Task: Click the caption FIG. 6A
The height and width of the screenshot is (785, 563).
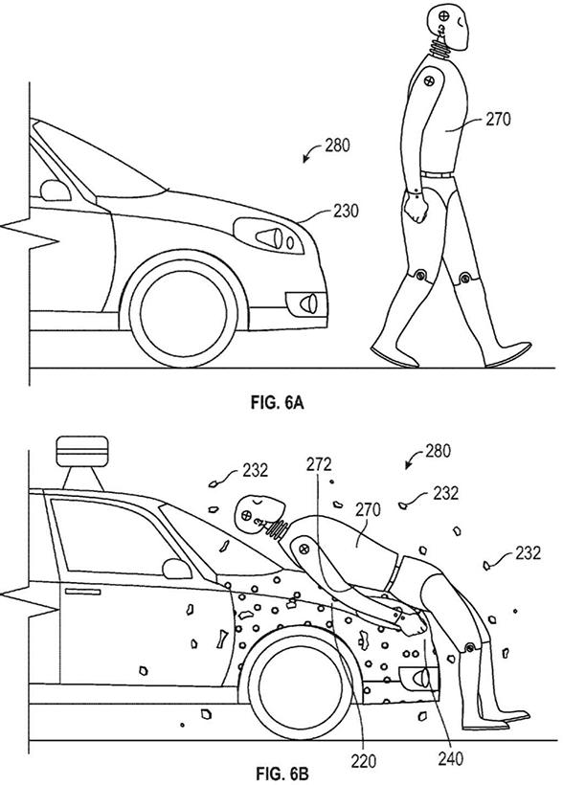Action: click(x=277, y=402)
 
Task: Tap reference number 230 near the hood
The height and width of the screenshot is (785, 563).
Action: click(x=346, y=212)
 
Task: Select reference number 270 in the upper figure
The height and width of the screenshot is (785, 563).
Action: click(x=498, y=119)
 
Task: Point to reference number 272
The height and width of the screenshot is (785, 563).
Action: click(x=319, y=464)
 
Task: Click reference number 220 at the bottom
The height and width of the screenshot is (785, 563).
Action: click(x=363, y=761)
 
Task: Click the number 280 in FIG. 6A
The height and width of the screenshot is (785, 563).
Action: click(x=337, y=146)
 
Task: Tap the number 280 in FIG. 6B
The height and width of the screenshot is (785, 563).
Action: click(x=438, y=451)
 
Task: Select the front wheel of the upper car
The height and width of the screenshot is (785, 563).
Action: click(x=183, y=312)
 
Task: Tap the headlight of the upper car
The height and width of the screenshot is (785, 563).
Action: click(x=269, y=235)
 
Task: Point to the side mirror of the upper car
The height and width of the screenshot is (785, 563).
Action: click(x=56, y=191)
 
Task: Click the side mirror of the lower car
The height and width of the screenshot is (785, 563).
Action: click(x=177, y=569)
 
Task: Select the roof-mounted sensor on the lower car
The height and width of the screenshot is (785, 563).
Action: click(x=82, y=463)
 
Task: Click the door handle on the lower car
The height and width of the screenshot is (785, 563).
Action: click(x=82, y=592)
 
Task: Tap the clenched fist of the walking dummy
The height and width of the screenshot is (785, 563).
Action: click(x=417, y=209)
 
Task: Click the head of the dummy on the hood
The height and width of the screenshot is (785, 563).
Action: click(x=258, y=513)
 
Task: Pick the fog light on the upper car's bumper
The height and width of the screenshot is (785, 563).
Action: click(x=306, y=303)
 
